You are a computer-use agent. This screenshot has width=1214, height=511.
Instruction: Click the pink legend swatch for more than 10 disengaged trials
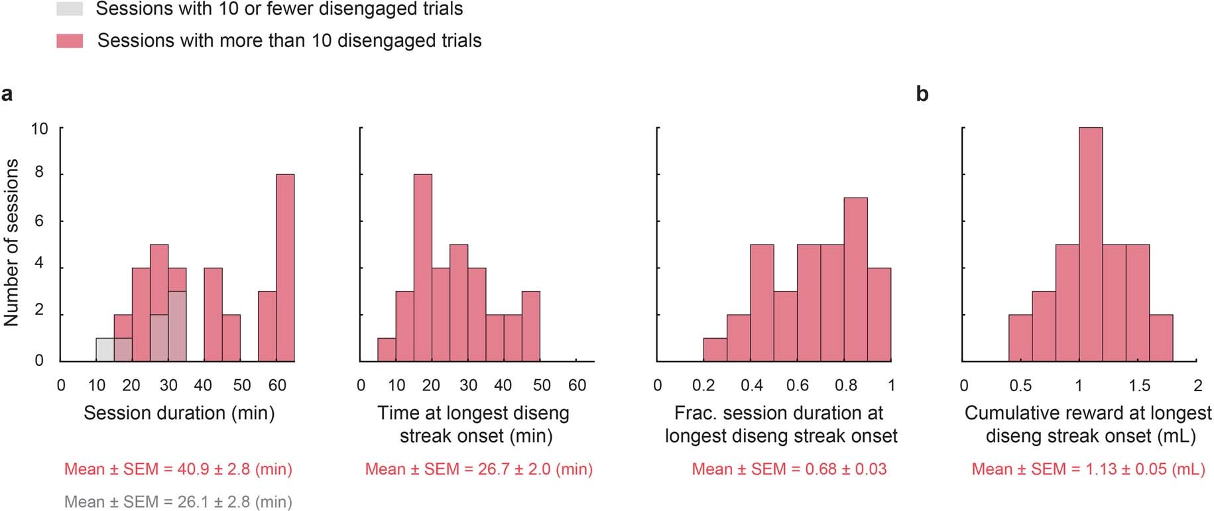click(x=70, y=41)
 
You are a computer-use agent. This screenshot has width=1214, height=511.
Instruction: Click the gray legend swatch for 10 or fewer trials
click(x=70, y=9)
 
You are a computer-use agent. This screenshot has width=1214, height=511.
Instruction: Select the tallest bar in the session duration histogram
click(x=285, y=268)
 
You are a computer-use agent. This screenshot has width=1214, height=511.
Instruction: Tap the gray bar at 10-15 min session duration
click(x=105, y=350)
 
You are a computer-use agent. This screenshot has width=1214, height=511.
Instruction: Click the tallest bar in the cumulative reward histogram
click(x=1091, y=245)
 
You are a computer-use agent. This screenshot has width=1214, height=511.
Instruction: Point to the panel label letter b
click(x=922, y=94)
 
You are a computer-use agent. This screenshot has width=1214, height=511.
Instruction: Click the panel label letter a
click(x=7, y=94)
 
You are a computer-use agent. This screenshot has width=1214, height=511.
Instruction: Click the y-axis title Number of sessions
click(x=11, y=243)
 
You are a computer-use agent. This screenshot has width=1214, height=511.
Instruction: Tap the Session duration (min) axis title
click(x=179, y=414)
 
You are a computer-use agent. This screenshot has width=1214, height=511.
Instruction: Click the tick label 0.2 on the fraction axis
click(x=703, y=386)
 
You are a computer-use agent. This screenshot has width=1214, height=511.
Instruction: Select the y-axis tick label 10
click(x=39, y=129)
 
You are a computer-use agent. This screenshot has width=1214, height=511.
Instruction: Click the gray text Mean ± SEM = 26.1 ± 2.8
click(x=178, y=502)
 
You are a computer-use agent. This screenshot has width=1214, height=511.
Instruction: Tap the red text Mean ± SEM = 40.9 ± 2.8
click(x=178, y=469)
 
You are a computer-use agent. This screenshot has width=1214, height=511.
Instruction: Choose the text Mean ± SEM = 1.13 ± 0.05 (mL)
click(x=1088, y=469)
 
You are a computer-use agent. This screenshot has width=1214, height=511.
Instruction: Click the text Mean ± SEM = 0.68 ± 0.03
click(x=789, y=469)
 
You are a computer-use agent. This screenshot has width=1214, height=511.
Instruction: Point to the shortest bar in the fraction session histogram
click(x=715, y=350)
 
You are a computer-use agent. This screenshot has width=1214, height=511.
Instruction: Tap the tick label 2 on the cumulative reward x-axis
click(x=1197, y=386)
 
